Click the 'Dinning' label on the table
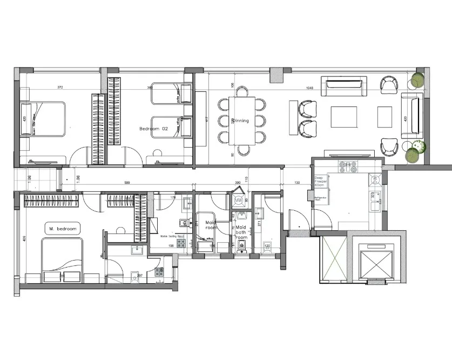click(241, 121)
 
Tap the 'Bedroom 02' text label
click(154, 129)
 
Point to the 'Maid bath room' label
click(241, 232)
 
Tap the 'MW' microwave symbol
click(238, 201)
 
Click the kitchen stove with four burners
click(347, 166)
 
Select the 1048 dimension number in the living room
click(309, 88)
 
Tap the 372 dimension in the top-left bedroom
click(60, 88)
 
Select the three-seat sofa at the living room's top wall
click(343, 85)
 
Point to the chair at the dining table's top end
click(241, 90)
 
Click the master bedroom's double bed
click(62, 261)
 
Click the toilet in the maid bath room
click(241, 246)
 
